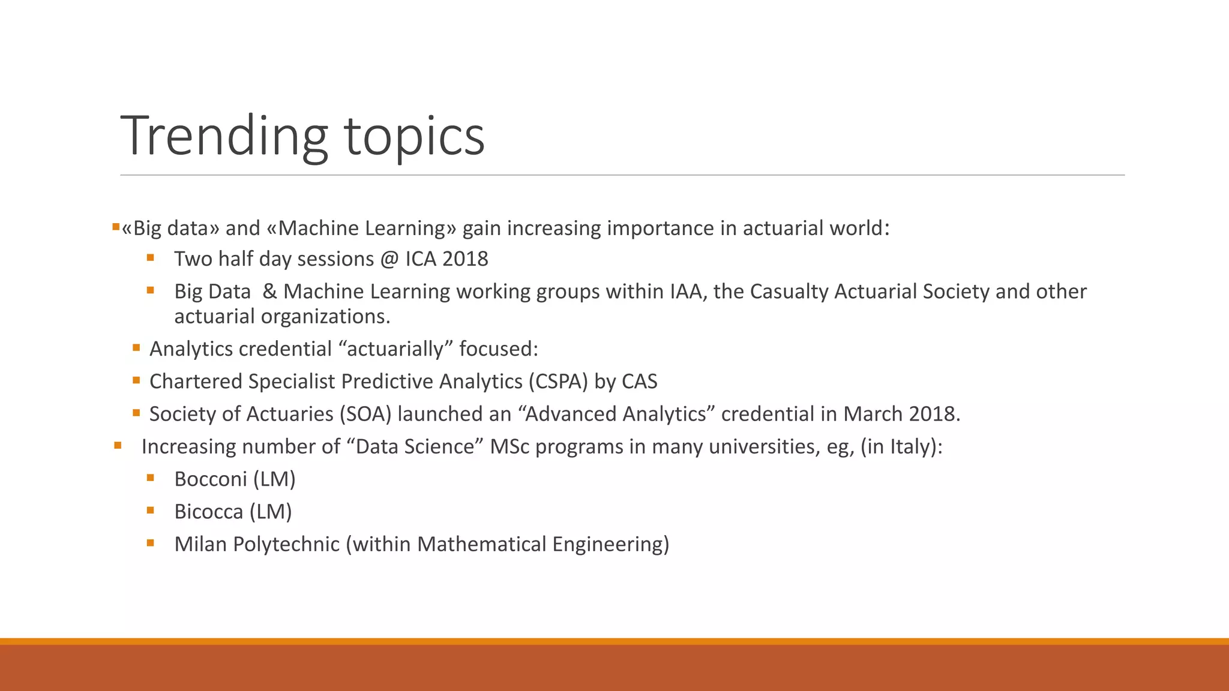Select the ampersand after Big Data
269,292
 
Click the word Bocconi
211,479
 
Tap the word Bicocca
208,512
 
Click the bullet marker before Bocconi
150,478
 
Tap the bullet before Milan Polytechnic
150,543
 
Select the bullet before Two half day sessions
150,258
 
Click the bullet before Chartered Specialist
136,380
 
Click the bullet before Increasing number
118,446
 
